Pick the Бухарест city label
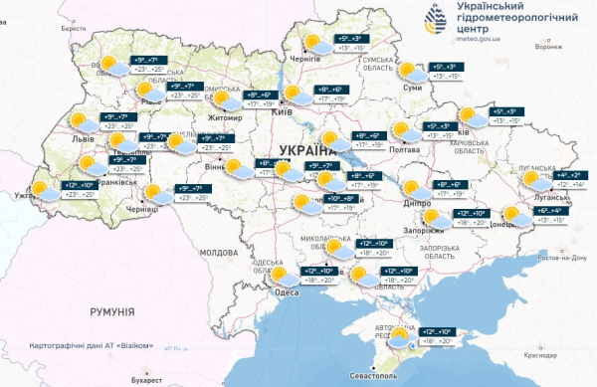tap(145, 379)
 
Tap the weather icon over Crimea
tap(401, 337)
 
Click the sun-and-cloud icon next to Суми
tap(407, 72)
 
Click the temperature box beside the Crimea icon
tap(439, 335)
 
